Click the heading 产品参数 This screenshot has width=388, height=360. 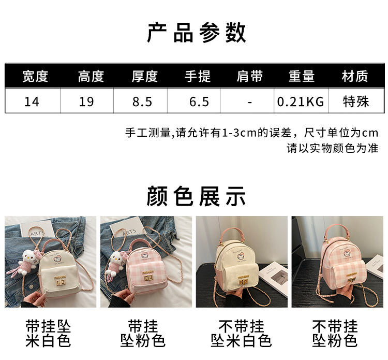click(x=197, y=33)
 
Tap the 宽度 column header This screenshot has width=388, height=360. click(x=35, y=76)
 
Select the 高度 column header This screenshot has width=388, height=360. click(x=91, y=76)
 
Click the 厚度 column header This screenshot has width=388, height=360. click(x=145, y=76)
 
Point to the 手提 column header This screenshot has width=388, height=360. click(x=198, y=76)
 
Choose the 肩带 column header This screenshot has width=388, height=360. click(x=250, y=76)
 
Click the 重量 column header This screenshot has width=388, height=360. click(x=302, y=76)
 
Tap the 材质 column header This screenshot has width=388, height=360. click(x=355, y=76)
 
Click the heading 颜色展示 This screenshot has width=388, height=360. click(x=196, y=197)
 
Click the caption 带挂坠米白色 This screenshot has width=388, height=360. click(x=48, y=334)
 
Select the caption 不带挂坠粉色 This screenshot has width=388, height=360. click(x=335, y=334)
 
